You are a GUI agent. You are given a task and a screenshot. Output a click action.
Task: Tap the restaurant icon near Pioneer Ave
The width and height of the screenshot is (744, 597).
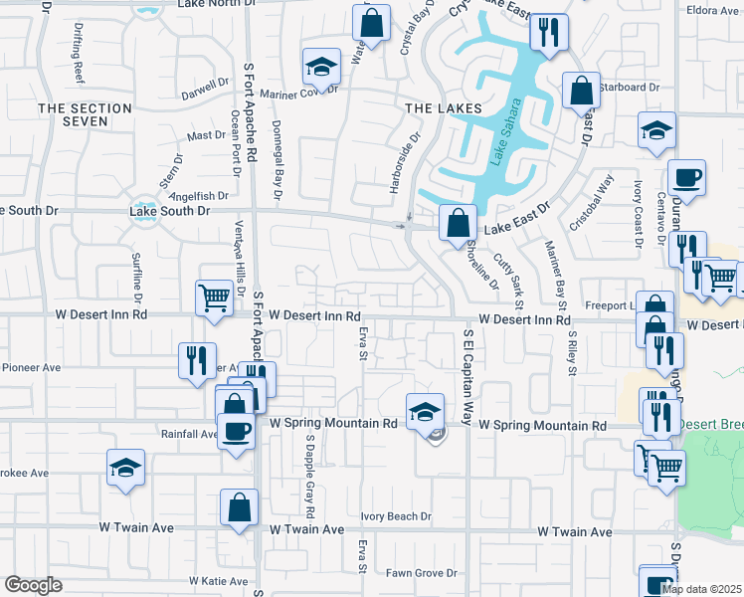pyautogui.click(x=196, y=358)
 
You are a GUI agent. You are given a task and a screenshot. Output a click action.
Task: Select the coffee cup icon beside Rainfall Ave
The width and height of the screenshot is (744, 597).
pyautogui.click(x=236, y=431)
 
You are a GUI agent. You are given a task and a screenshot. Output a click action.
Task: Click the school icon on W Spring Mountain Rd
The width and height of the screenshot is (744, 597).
pyautogui.click(x=424, y=410)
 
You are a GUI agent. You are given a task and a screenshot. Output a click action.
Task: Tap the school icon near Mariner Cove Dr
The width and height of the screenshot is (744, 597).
pyautogui.click(x=321, y=66)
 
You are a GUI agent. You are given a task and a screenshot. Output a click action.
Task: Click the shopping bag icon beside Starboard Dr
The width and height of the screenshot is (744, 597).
pyautogui.click(x=580, y=91)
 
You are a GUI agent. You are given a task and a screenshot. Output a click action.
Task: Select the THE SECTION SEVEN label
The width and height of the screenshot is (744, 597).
pyautogui.click(x=85, y=114)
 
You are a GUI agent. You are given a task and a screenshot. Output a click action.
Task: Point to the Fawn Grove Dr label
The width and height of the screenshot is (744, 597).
pyautogui.click(x=421, y=573)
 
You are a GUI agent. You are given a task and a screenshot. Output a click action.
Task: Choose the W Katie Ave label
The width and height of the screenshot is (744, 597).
pyautogui.click(x=218, y=580)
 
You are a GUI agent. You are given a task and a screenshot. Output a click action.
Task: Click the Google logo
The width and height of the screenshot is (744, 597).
pyautogui.click(x=33, y=585)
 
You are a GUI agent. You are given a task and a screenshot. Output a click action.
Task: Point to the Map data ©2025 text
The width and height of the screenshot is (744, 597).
pyautogui.click(x=700, y=589)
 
